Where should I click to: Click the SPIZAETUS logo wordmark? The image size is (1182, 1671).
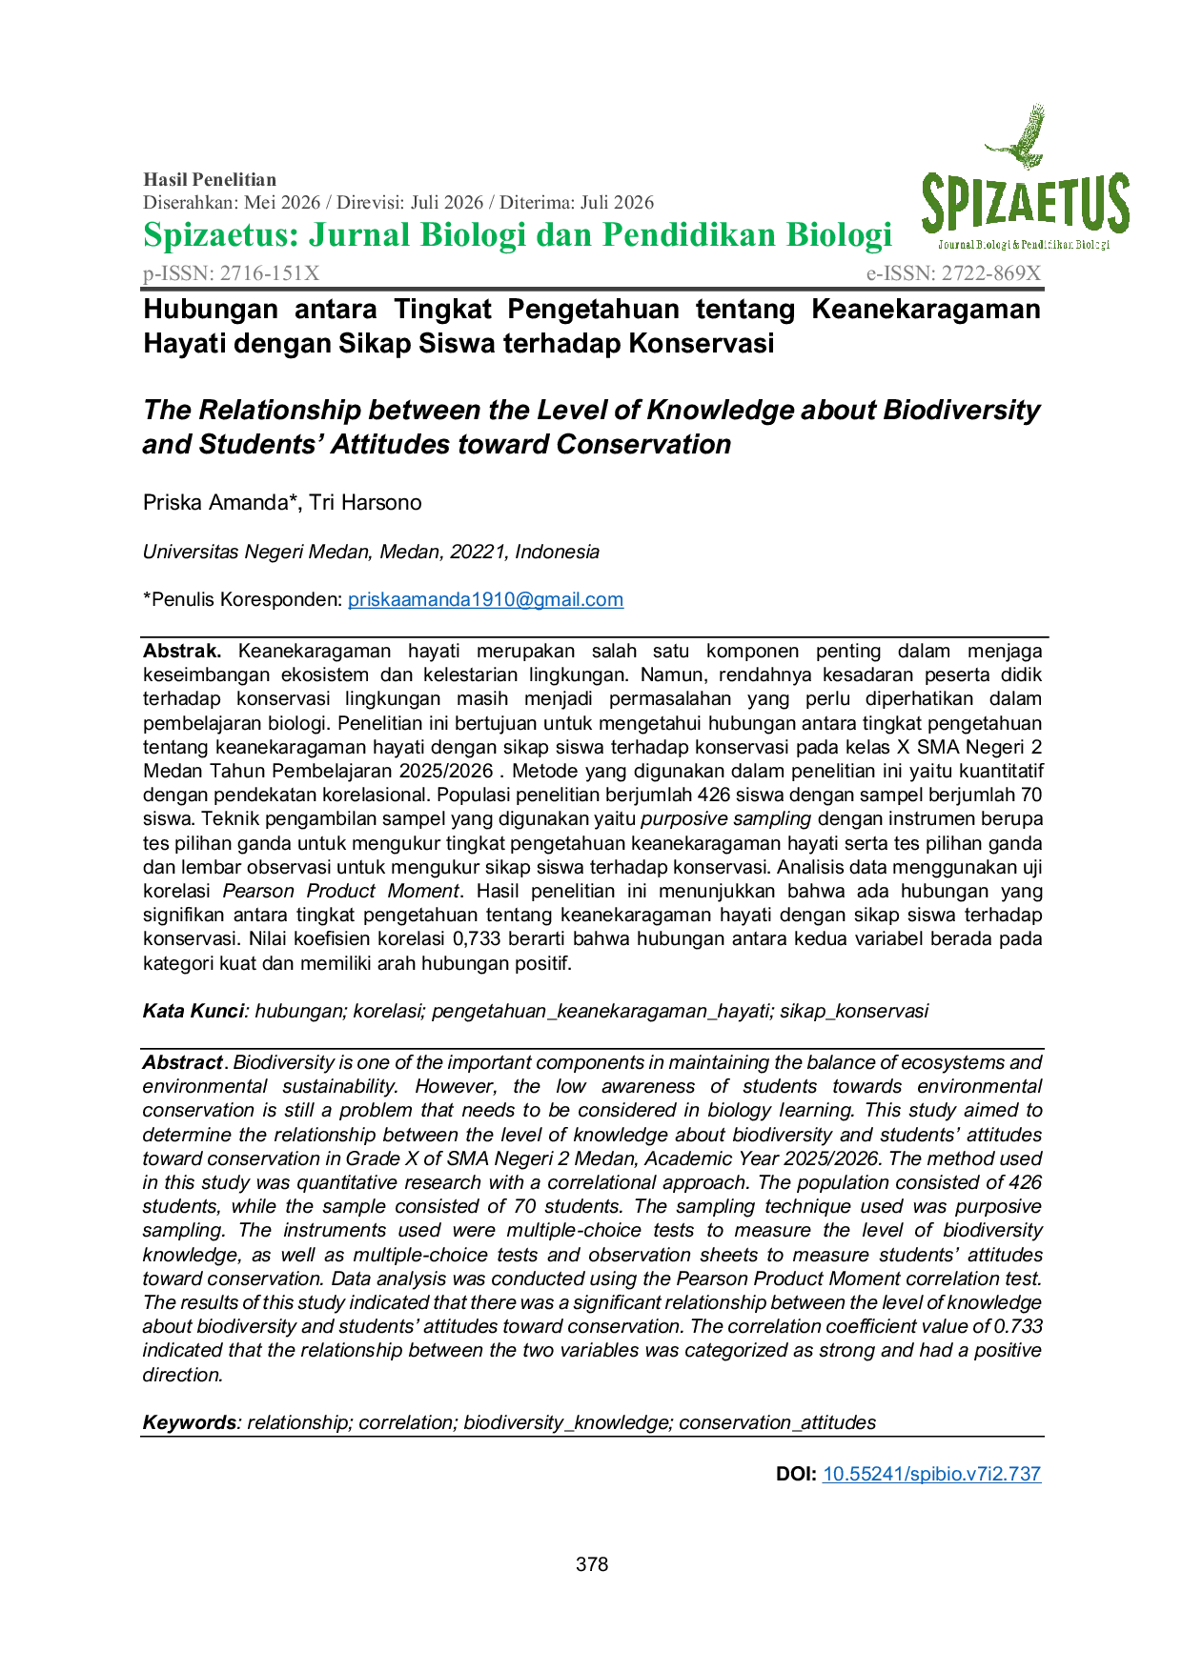1025,205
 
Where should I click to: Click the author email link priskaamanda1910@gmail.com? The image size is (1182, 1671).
485,599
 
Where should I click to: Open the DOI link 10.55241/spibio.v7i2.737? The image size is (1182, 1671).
931,1474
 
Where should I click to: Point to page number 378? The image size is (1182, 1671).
592,1564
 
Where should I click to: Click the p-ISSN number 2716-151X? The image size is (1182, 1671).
270,273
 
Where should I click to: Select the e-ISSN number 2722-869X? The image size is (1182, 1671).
991,273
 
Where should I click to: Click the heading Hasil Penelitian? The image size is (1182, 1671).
210,179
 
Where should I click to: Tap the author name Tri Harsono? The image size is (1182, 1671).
365,502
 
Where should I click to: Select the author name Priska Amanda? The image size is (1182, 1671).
215,502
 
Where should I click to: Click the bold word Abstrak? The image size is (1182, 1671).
182,651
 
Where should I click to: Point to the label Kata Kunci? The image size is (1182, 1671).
194,1011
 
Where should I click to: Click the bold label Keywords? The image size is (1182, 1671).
189,1422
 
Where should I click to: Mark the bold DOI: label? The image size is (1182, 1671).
796,1474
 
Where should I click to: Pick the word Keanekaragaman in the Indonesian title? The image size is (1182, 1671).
927,309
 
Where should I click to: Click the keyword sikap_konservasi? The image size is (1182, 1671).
854,1011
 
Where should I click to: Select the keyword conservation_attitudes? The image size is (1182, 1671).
778,1422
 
